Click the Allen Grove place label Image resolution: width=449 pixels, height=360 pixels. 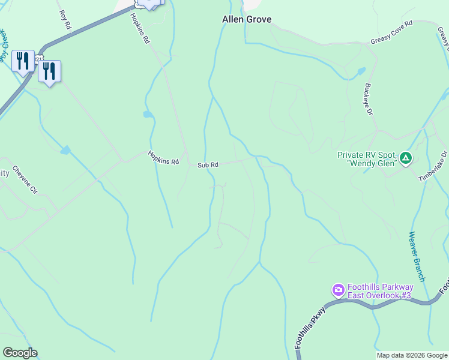(x=247, y=19)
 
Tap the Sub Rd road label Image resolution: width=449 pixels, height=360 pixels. (x=208, y=164)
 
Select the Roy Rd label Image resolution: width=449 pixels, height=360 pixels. (x=65, y=20)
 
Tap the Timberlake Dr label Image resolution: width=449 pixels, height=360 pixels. (x=433, y=166)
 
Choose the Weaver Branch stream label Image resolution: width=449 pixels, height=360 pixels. (x=417, y=256)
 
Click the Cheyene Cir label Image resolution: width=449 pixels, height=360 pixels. (x=25, y=179)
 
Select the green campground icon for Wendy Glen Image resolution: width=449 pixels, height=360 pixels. (x=406, y=158)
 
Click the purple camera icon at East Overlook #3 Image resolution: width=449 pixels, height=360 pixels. (x=338, y=291)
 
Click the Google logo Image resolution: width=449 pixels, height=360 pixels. (x=20, y=353)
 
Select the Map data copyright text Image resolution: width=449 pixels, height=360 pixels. (x=412, y=355)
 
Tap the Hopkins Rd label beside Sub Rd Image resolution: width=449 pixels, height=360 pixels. (x=164, y=158)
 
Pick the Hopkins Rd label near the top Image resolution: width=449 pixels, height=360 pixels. (x=139, y=28)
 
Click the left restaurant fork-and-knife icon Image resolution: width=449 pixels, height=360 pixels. (x=23, y=61)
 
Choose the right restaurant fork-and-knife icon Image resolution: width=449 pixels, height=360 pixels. (x=49, y=71)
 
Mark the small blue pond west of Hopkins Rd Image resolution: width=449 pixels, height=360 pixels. (x=148, y=114)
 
